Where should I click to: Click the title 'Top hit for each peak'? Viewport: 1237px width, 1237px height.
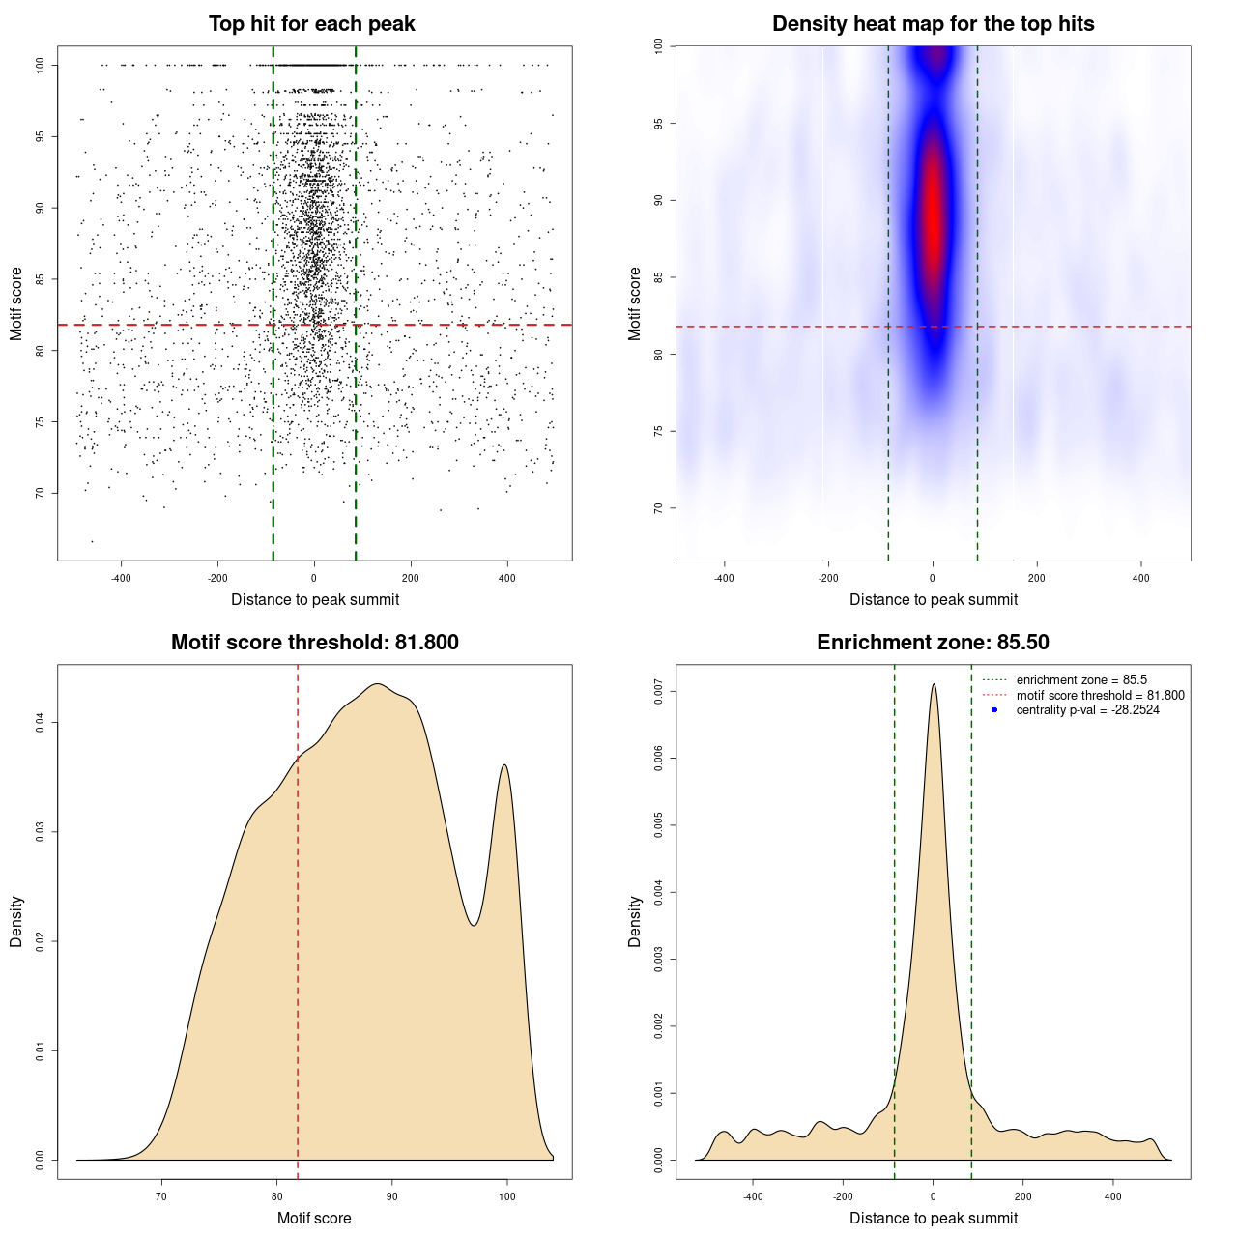pos(312,24)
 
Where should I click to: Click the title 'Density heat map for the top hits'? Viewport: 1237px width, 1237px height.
pos(933,24)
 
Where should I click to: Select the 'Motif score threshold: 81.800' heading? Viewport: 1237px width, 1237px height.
pos(314,643)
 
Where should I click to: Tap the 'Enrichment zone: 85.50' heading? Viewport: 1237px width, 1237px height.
pos(933,643)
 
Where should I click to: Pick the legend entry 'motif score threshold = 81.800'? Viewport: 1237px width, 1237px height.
pos(1100,695)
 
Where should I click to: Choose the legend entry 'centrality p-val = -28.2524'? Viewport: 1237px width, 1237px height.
pos(1087,710)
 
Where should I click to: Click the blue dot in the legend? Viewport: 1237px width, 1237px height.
pos(994,710)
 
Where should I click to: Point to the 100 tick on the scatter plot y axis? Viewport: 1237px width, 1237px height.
pos(41,65)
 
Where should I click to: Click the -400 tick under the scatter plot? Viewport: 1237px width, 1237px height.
pos(121,578)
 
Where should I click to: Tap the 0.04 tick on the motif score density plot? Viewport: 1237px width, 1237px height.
pos(41,722)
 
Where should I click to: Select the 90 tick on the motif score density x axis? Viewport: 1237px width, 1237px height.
pos(391,1196)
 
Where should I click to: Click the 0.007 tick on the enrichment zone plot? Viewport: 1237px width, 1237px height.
pos(659,691)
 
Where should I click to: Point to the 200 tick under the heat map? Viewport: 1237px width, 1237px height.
pos(1037,578)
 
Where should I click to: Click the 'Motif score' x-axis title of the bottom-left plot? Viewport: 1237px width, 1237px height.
pos(314,1218)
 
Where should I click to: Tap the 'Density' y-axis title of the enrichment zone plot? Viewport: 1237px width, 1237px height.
pos(635,921)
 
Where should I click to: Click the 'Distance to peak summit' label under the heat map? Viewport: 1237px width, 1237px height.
pos(933,599)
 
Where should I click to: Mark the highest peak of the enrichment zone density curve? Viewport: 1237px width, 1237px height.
pos(934,685)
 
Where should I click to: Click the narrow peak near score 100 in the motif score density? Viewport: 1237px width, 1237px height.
pos(504,765)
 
